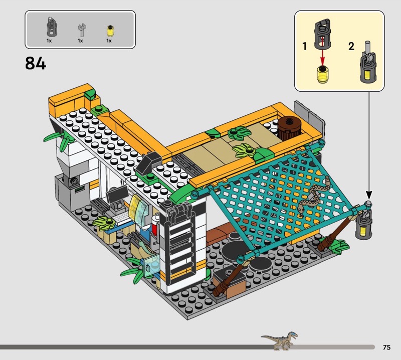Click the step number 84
tap(36, 63)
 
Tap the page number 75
tap(386, 347)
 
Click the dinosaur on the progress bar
tap(280, 341)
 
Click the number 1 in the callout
tap(304, 46)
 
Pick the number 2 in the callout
tap(351, 46)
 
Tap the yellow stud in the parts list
tap(110, 31)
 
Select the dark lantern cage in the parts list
tap(52, 27)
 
